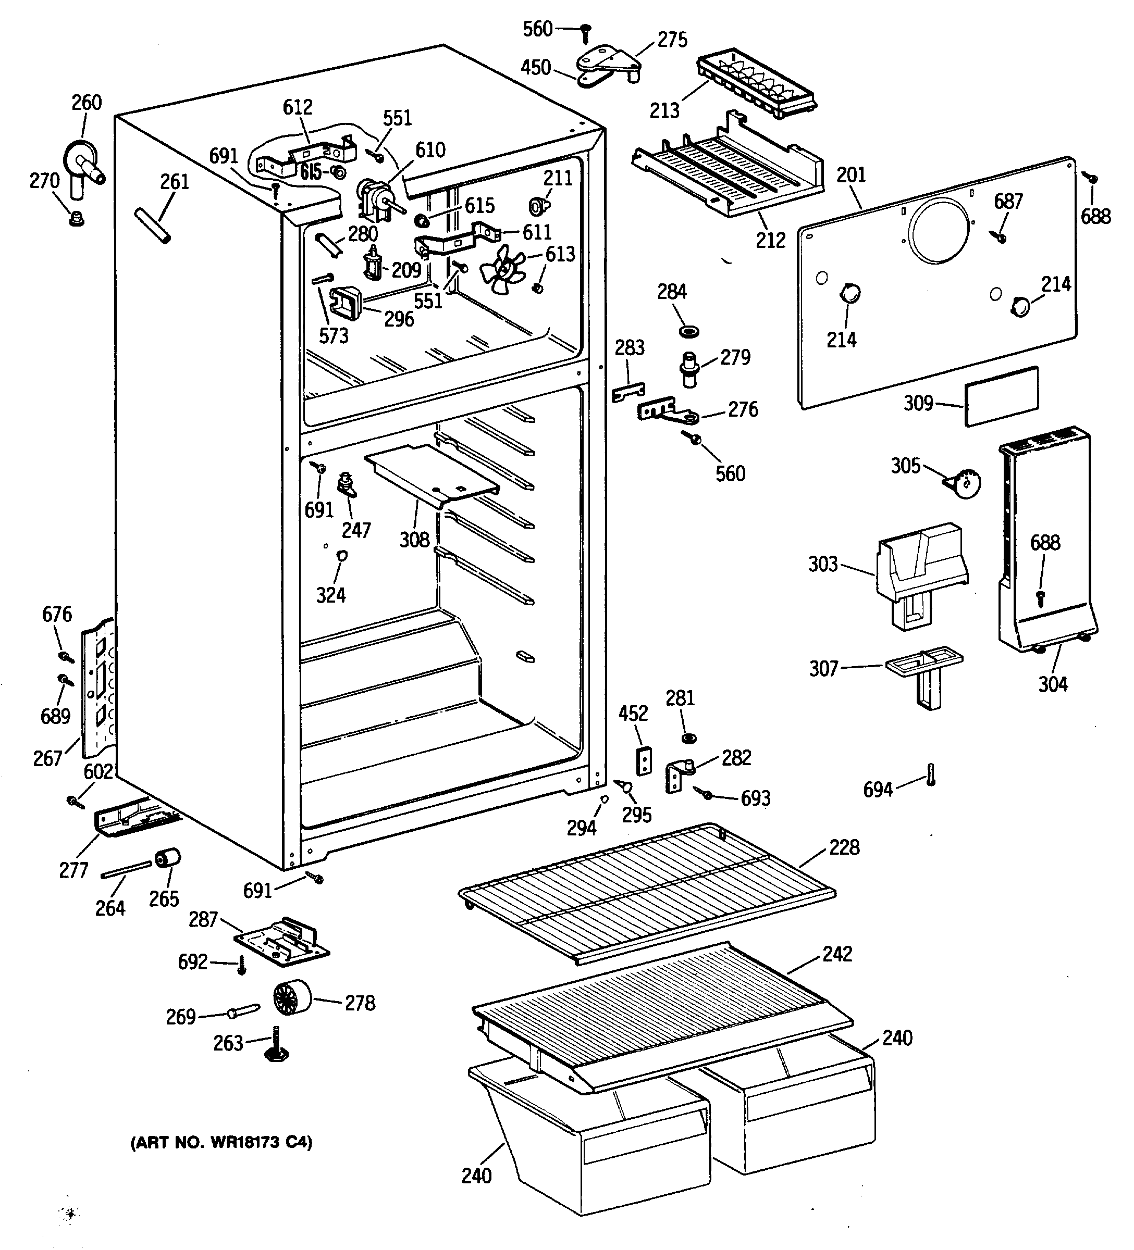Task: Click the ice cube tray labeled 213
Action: pyautogui.click(x=757, y=85)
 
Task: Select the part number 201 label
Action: pyautogui.click(x=850, y=176)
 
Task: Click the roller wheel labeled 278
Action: pyautogui.click(x=291, y=997)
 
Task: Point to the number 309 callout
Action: pyautogui.click(x=918, y=403)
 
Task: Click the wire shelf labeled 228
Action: pyautogui.click(x=646, y=892)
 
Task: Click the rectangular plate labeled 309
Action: pyautogui.click(x=1001, y=396)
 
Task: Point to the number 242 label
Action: pyautogui.click(x=837, y=954)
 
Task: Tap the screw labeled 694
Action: pyautogui.click(x=931, y=774)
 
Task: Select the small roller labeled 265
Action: pyautogui.click(x=167, y=859)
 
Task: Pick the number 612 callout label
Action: pyautogui.click(x=298, y=107)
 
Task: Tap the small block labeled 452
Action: pyautogui.click(x=645, y=760)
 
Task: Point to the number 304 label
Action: pyautogui.click(x=1053, y=684)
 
